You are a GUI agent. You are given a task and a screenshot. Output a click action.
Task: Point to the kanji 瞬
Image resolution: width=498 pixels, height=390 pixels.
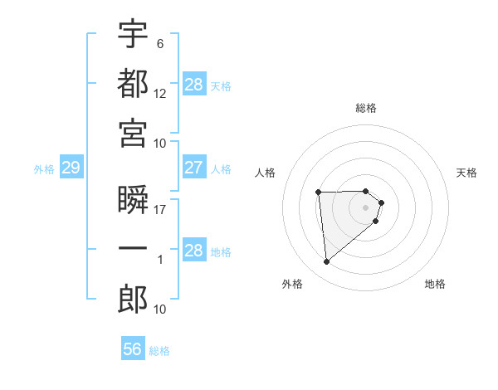tap(133, 200)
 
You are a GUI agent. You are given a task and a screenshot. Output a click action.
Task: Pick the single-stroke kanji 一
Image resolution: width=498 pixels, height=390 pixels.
tap(133, 250)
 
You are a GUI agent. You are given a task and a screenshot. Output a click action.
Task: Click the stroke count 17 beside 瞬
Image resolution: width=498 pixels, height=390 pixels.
tap(160, 210)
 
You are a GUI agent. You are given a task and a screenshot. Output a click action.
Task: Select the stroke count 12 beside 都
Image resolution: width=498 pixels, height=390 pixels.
tap(160, 93)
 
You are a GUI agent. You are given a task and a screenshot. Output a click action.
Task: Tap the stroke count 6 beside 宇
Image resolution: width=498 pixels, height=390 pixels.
tap(159, 43)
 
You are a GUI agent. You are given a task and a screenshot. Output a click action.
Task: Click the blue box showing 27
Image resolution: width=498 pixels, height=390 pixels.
tap(193, 168)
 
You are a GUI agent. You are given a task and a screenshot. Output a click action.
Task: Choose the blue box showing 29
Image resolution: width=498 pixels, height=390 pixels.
tap(71, 168)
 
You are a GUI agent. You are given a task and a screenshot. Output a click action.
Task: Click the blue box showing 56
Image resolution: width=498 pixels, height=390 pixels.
tap(132, 349)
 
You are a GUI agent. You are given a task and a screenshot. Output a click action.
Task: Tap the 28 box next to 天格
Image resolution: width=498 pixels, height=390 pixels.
tap(193, 85)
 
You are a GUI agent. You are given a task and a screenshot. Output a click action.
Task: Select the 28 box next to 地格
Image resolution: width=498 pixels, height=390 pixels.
tap(193, 251)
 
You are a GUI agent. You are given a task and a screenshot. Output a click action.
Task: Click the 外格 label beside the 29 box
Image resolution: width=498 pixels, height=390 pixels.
tap(44, 169)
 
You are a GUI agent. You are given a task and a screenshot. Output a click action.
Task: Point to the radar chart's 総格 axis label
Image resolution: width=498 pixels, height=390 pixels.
tap(366, 108)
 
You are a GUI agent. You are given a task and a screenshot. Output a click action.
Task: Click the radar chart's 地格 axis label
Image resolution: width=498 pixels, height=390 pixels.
tap(435, 284)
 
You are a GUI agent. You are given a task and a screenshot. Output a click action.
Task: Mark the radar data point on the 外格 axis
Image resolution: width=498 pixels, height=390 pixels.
tap(327, 262)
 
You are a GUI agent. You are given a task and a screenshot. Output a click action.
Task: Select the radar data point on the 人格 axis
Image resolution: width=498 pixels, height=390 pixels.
tap(318, 193)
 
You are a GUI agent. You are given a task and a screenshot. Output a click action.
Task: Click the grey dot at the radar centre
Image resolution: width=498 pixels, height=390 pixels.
tap(366, 207)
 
